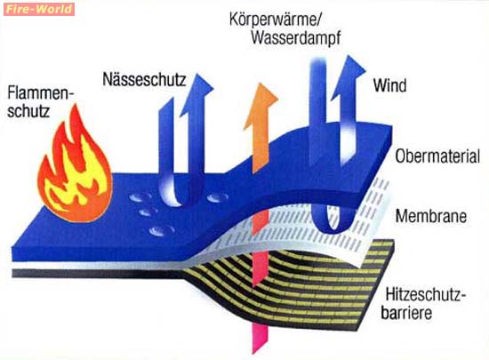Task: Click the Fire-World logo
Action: coord(39,9)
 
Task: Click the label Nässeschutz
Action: coord(144,79)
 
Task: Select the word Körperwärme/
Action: coord(275,19)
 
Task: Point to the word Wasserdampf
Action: coord(296,37)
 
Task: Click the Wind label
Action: coord(389,85)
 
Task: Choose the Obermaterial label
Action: coord(437,156)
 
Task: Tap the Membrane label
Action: coord(431,216)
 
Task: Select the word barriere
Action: coord(406,312)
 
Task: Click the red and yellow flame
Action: coord(74,165)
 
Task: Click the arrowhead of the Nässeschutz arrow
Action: coord(196,93)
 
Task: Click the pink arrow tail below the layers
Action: coord(261,338)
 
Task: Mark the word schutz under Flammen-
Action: coord(28,110)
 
